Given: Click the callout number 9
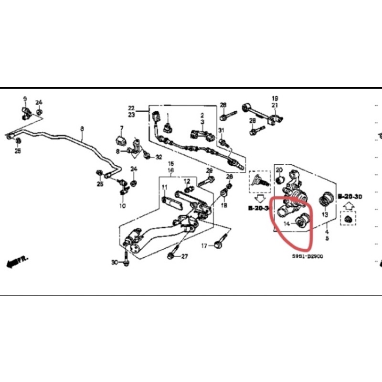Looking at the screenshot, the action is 25,99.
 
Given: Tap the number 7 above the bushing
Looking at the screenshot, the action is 121,128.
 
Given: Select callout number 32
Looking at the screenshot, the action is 159,157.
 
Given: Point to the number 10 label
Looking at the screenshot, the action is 122,206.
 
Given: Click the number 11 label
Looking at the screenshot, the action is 164,187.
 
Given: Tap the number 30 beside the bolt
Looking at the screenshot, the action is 114,263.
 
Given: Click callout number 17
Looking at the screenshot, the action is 203,246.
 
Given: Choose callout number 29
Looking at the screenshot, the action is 209,171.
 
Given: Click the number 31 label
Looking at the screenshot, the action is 221,131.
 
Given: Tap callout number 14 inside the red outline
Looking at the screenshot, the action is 287,223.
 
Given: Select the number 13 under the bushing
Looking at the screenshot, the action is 325,215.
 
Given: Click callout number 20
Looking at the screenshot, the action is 279,170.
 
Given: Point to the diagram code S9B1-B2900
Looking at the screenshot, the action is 308,256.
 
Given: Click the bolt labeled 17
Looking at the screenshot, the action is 220,243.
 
